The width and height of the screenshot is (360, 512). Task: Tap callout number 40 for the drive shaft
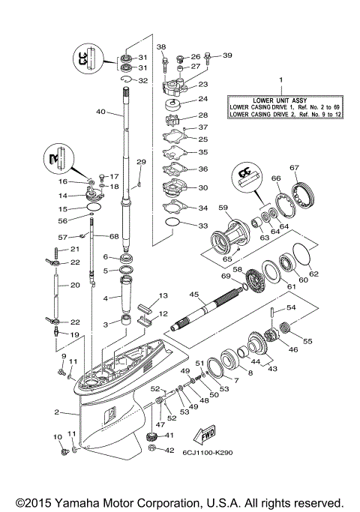pos(100,113)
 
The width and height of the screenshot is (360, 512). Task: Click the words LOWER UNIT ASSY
pos(281,100)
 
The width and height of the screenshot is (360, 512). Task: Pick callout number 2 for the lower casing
pos(56,412)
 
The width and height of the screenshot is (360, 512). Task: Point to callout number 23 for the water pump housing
pos(202,85)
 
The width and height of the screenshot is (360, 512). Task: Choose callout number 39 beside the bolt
pos(227,55)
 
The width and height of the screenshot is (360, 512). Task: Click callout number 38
pos(161,48)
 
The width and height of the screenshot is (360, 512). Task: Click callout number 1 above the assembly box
pos(280,79)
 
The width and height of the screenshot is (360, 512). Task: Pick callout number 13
pos(162,296)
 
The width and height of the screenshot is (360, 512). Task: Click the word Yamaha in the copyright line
pos(71,503)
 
